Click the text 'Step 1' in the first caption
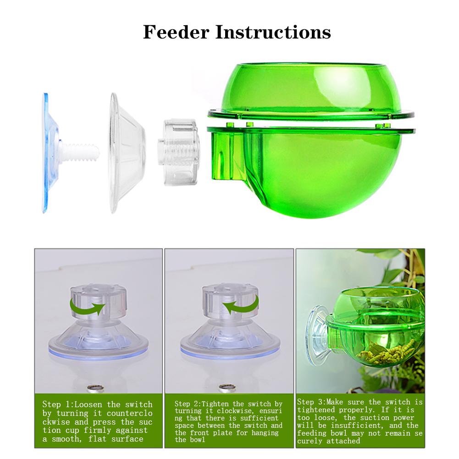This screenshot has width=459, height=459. coord(56,404)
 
